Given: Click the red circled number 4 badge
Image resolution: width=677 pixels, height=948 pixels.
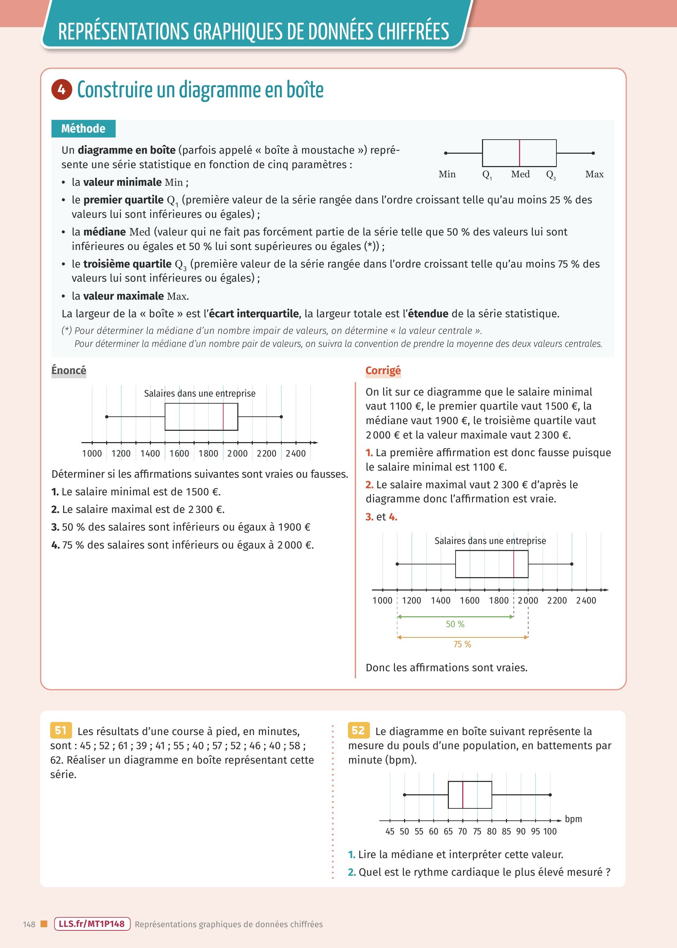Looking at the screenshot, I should (x=62, y=90).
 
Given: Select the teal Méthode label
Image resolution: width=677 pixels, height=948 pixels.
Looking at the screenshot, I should (x=83, y=128).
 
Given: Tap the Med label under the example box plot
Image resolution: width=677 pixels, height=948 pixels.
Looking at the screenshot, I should (x=520, y=174).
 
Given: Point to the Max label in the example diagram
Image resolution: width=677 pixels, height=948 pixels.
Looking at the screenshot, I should (x=594, y=174).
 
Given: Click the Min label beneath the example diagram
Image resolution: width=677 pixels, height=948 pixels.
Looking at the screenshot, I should (x=447, y=174).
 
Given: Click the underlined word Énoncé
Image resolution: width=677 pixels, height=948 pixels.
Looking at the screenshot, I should (x=69, y=370).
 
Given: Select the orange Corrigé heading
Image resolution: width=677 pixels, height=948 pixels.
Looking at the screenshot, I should (x=383, y=370).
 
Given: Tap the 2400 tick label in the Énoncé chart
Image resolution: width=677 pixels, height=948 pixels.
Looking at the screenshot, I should (x=295, y=453).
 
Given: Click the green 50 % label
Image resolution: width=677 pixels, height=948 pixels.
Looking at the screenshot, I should (x=455, y=624).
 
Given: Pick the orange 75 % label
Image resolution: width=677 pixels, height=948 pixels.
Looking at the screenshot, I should (x=462, y=644).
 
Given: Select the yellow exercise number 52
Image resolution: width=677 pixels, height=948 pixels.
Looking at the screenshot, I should (x=358, y=730).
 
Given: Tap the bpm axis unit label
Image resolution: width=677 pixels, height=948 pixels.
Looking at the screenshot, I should (x=573, y=819).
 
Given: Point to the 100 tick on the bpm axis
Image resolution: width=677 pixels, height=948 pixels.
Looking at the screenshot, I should (x=550, y=831).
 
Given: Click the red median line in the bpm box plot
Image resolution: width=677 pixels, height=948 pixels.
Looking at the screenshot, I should (x=463, y=795).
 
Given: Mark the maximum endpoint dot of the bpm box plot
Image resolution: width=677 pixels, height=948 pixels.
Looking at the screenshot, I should (x=550, y=795).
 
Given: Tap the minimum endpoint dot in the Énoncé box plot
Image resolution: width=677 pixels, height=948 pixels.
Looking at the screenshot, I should (x=107, y=417).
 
